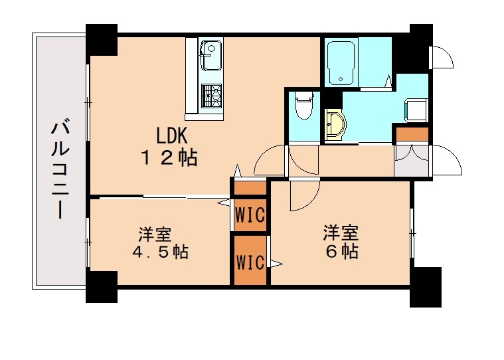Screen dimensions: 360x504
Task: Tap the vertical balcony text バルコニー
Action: coord(60,169)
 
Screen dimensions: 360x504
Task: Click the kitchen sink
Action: coord(211,56)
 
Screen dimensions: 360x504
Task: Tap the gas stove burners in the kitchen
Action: coord(211,96)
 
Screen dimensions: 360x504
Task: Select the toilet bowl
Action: coord(304,106)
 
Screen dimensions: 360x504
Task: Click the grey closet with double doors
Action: coord(412,161)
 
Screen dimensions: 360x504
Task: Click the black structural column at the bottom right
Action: coord(425,286)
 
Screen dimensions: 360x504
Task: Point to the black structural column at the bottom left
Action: coord(102,287)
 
